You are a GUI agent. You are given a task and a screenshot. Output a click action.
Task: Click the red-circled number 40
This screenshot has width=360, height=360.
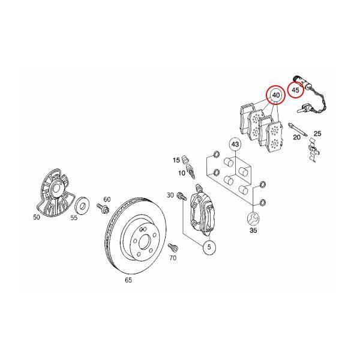click(275, 95)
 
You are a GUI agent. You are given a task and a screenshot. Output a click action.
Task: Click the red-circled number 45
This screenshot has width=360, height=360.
click(295, 90)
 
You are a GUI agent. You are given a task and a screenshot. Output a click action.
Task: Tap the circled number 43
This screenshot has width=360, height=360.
click(235, 145)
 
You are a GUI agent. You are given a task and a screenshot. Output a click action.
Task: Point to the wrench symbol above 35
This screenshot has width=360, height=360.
click(253, 218)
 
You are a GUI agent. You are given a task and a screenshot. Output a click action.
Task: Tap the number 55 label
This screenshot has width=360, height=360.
click(74, 219)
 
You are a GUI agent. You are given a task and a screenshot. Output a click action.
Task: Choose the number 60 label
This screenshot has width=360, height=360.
click(107, 199)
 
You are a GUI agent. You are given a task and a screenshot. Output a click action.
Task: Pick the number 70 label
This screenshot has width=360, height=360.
click(173, 259)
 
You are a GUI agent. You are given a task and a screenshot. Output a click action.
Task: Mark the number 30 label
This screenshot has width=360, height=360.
click(170, 196)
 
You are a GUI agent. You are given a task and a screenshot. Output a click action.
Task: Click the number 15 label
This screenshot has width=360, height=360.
click(176, 160)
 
